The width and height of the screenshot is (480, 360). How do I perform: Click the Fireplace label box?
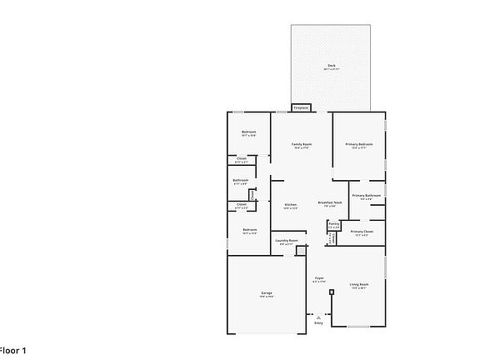(x=301, y=107)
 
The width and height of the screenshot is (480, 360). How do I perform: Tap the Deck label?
(x=331, y=65)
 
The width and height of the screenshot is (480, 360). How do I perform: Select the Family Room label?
(x=301, y=144)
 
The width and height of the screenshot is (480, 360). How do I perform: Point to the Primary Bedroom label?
(x=359, y=144)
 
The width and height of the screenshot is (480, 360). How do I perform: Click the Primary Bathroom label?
(x=366, y=196)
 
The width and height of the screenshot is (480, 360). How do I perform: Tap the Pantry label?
(x=333, y=224)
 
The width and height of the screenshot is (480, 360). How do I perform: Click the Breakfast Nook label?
(x=331, y=203)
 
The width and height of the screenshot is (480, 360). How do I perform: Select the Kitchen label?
(x=290, y=205)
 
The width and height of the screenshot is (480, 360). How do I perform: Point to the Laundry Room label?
(x=287, y=240)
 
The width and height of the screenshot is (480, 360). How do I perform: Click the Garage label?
(x=267, y=293)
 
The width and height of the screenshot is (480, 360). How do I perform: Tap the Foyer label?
(x=318, y=277)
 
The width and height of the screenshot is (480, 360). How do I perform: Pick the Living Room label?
(x=359, y=285)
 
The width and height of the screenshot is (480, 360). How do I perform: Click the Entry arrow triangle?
(x=317, y=317)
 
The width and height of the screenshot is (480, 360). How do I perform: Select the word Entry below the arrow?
(x=318, y=323)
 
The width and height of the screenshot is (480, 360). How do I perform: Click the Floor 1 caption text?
(x=12, y=351)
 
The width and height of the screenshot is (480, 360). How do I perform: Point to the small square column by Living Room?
(x=331, y=292)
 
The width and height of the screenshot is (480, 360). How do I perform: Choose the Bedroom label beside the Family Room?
(x=248, y=132)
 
